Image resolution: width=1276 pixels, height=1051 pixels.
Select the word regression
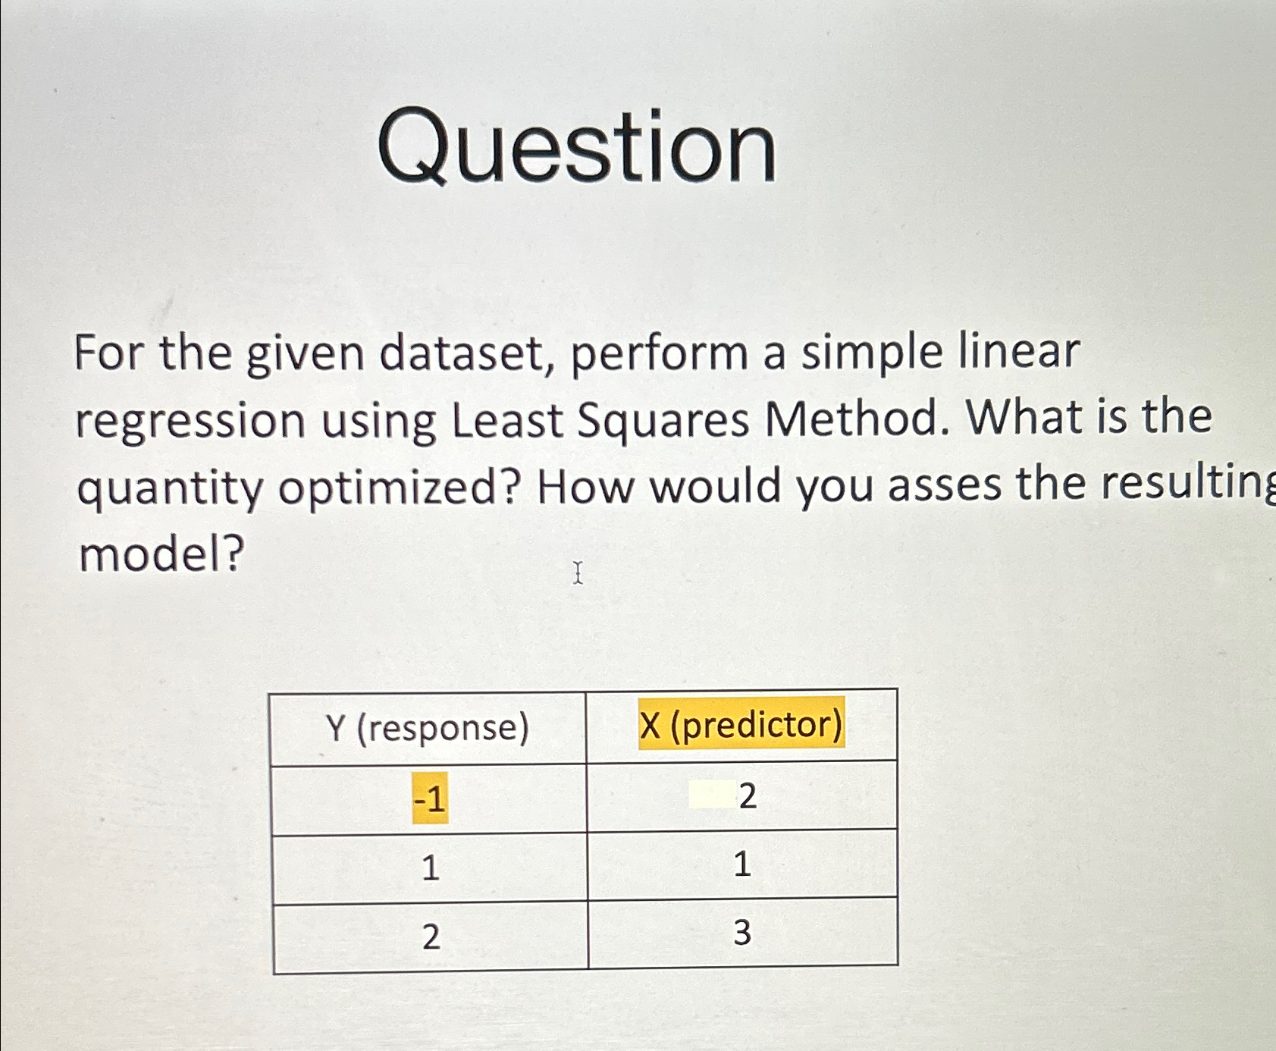coord(190,422)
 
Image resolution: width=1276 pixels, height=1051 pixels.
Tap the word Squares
coord(663,420)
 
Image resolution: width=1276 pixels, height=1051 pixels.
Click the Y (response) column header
coord(428,728)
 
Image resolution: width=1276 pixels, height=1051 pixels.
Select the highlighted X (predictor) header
coord(741,724)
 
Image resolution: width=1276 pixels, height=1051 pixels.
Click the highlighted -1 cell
coord(430,798)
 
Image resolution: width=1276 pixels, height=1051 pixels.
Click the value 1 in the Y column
coord(430,867)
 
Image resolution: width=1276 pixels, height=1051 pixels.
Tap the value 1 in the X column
coord(742,864)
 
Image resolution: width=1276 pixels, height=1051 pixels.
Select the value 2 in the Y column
coord(431,937)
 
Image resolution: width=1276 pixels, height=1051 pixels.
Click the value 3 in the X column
coord(742,933)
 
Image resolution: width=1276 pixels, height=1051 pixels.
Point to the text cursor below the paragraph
coord(578,573)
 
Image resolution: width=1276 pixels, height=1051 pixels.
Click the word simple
coord(871,353)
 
